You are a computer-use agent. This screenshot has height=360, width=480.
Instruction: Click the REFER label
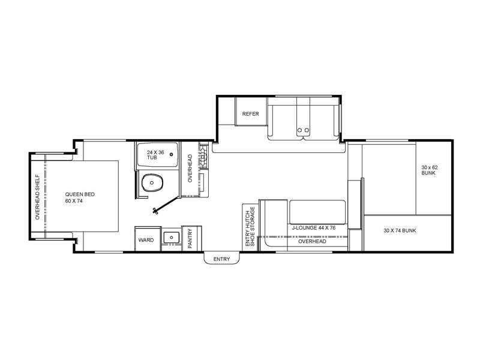coord(250,114)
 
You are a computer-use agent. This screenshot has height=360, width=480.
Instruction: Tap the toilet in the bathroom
coord(152,183)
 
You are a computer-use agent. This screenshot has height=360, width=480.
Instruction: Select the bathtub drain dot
coord(172,155)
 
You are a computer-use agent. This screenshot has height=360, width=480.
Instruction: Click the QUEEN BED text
coord(80,194)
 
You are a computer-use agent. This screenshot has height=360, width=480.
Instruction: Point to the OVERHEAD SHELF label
coord(38,197)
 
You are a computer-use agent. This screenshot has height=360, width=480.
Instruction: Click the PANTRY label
coord(190,238)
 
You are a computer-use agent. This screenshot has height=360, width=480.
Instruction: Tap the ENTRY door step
coord(221,258)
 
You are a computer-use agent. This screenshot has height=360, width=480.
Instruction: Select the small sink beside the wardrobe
coord(171,237)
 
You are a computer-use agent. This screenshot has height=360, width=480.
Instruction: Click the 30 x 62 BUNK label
coord(430,170)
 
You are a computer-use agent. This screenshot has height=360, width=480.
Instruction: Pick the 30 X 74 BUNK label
coord(400,230)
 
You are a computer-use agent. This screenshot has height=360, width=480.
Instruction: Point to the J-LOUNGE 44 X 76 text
coord(314,228)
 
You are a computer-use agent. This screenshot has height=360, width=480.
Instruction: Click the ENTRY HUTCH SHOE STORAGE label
coord(250,227)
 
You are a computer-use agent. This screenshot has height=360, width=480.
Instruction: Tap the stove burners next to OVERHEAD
coord(203,157)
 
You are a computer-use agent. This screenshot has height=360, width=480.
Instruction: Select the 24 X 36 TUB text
coord(155,155)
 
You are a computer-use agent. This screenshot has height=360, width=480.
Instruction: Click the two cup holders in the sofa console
coord(303,130)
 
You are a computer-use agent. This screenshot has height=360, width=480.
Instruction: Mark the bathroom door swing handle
coord(155,211)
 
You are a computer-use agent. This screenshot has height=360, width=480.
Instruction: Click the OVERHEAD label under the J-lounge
coord(312,242)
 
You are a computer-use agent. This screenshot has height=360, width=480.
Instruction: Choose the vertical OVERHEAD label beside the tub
coord(190,169)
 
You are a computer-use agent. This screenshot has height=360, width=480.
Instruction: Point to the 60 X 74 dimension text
coord(74,201)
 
